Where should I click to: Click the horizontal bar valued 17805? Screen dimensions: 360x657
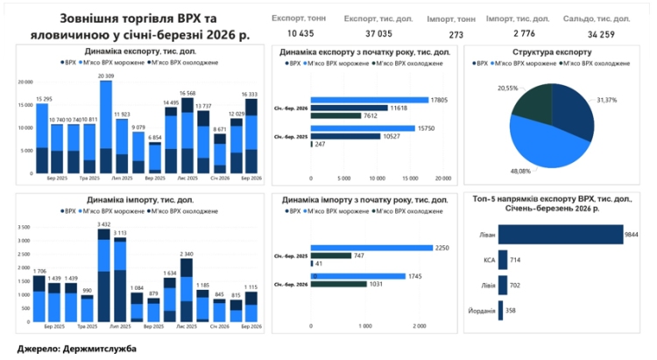pos(368,100)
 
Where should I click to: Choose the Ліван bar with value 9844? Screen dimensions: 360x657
pos(561,236)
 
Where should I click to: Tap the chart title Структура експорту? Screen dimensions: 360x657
pos(551,53)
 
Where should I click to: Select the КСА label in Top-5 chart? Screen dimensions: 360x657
pos(489,260)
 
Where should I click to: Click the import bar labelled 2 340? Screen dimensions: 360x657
pos(186,293)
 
